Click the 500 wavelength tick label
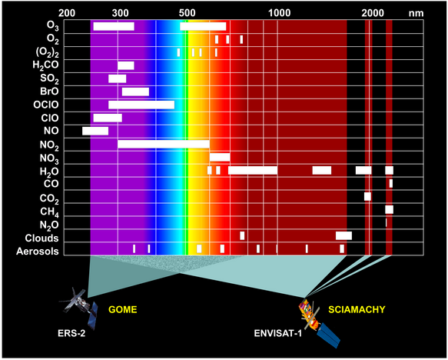(187, 13)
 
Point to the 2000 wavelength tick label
(373, 13)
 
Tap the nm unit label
(416, 14)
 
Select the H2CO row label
(45, 65)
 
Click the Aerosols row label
(38, 252)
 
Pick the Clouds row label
(41, 238)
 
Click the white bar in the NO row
(95, 131)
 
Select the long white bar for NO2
(164, 144)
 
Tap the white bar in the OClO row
(141, 105)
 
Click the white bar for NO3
(220, 157)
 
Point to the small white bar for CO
(391, 183)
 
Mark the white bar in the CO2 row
(367, 196)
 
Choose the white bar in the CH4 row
(389, 209)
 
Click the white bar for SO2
(117, 78)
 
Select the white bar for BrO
(135, 92)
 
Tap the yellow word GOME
(123, 310)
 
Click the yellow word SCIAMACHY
(357, 310)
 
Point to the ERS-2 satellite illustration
(79, 306)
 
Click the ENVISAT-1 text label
(277, 333)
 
